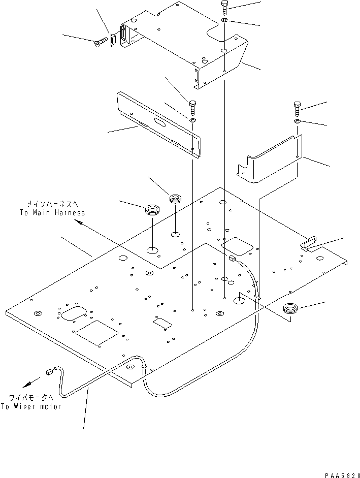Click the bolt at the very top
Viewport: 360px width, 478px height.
225,8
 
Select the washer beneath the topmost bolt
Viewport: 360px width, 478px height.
225,21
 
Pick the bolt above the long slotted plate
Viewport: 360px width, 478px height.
193,107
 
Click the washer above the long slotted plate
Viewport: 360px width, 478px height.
193,120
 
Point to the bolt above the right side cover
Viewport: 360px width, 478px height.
298,108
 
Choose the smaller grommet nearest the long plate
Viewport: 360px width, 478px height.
176,197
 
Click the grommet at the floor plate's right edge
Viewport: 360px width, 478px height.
290,307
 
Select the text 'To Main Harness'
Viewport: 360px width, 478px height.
53,213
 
